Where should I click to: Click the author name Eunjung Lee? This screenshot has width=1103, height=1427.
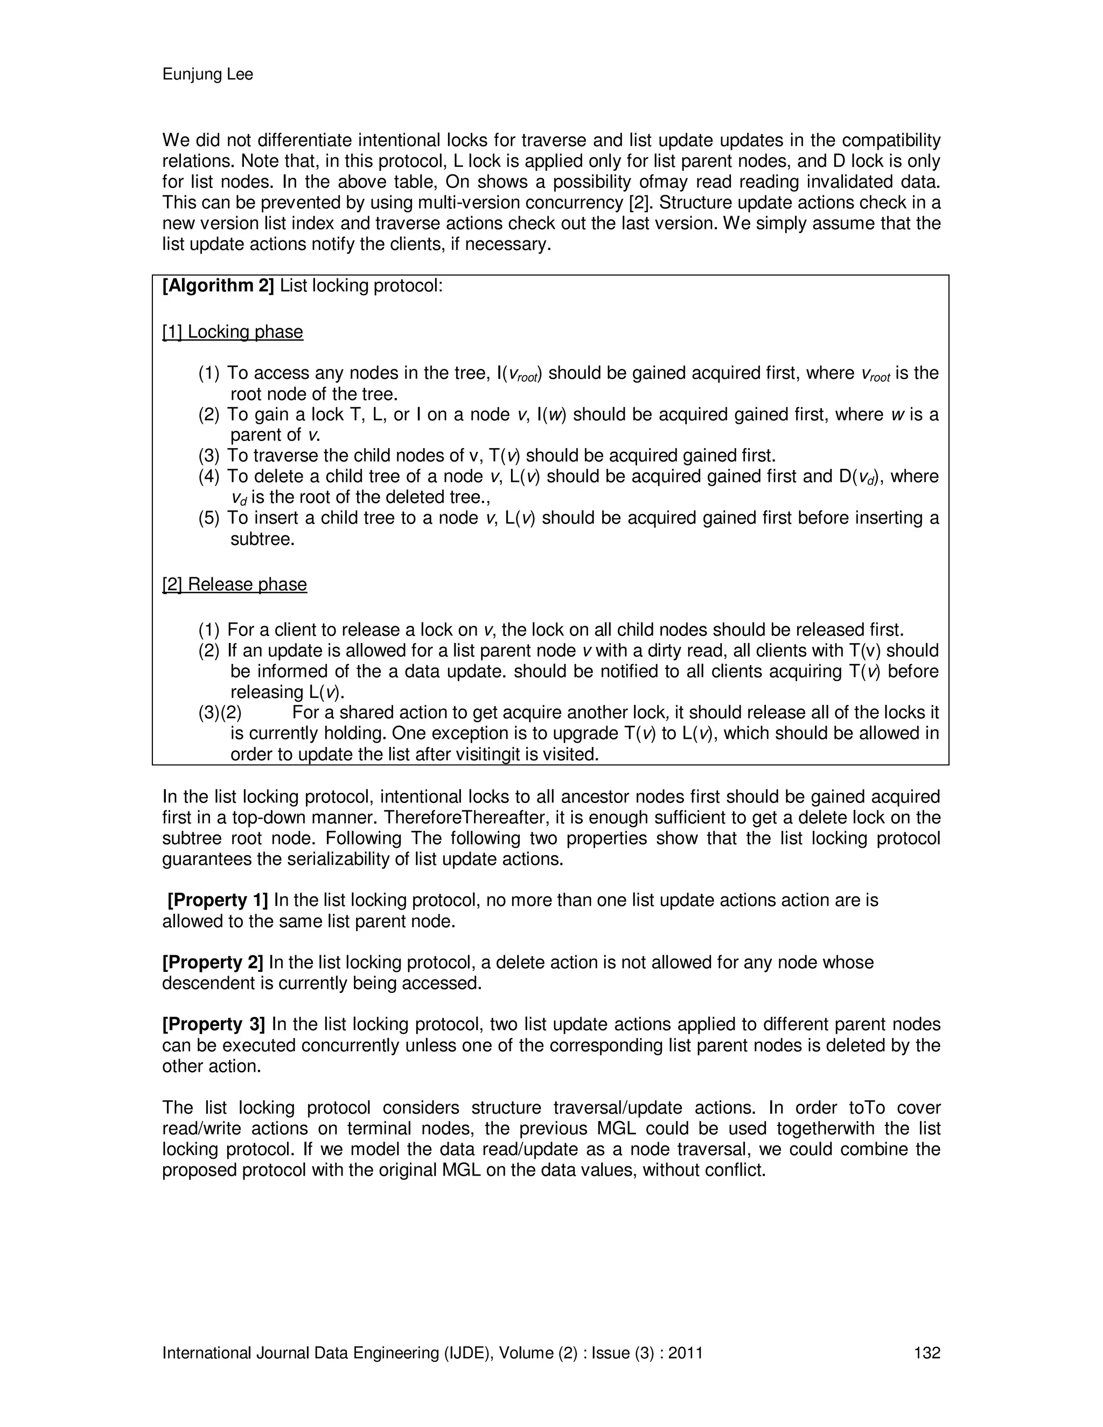[x=207, y=74]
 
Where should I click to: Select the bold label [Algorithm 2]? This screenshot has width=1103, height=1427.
[x=218, y=286]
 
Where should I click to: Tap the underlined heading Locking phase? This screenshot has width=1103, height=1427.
[x=245, y=332]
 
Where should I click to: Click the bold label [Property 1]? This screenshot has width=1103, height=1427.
[x=218, y=900]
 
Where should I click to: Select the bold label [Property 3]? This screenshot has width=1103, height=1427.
[x=214, y=1025]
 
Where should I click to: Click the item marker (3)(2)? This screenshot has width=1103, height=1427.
[x=220, y=713]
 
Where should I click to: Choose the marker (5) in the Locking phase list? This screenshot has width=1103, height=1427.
[x=209, y=518]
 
